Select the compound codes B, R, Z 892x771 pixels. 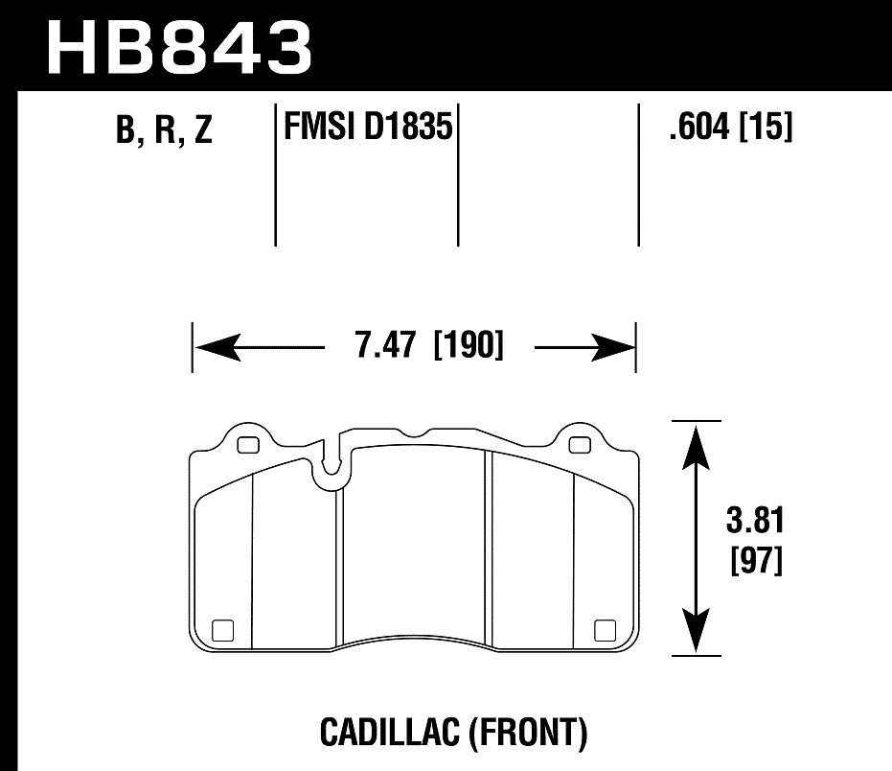pos(163,131)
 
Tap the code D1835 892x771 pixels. pos(407,125)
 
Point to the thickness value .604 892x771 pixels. pos(701,127)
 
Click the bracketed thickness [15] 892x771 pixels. pos(766,127)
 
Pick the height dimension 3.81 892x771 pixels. pos(755,523)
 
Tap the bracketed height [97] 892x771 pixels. pos(756,559)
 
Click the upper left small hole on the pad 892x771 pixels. pos(248,445)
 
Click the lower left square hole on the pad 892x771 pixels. pos(222,630)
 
